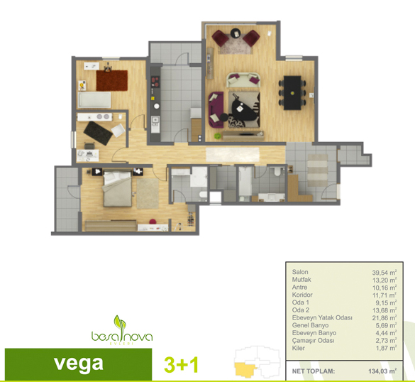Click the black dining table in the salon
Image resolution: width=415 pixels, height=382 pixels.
(292, 93)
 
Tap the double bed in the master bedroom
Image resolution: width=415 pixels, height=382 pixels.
(117, 189)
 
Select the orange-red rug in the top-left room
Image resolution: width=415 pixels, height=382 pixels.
(111, 80)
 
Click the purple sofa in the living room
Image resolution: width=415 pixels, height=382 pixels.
(216, 109)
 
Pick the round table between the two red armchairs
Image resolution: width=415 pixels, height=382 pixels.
(236, 33)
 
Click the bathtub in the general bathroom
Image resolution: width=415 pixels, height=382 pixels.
(245, 182)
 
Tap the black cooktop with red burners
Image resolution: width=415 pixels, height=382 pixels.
(155, 82)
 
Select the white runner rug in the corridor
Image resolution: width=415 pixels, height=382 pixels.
(233, 155)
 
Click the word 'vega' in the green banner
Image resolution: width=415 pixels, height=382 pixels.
(78, 364)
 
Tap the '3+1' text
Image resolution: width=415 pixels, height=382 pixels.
(182, 365)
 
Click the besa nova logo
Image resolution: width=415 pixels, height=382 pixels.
(122, 331)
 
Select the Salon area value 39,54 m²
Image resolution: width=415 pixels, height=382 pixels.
(384, 273)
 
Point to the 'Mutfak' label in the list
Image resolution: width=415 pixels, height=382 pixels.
(301, 280)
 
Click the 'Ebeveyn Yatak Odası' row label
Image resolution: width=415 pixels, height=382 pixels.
(322, 317)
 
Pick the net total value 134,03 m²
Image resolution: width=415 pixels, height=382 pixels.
(382, 371)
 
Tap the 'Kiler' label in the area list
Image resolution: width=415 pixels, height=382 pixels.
(298, 348)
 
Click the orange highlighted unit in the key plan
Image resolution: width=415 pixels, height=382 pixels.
(245, 369)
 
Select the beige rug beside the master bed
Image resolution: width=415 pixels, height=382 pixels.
(148, 194)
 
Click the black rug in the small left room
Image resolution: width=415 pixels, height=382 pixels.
(98, 133)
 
